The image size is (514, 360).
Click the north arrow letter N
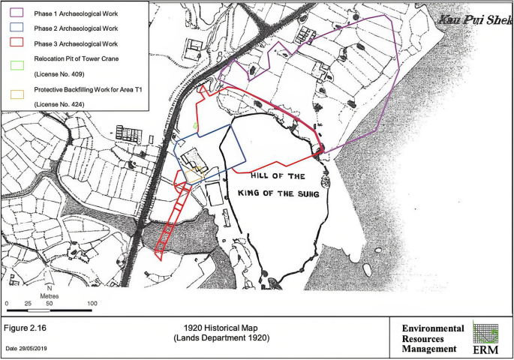[49, 289]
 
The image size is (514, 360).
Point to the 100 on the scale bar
[92, 304]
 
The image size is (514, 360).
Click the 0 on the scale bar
[7, 304]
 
